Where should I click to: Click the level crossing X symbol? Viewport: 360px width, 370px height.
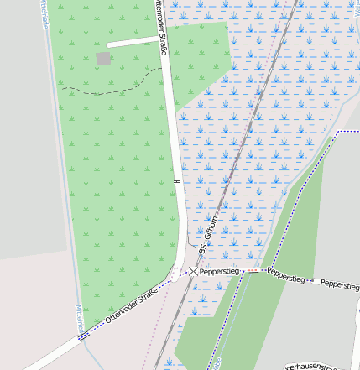click(193, 272)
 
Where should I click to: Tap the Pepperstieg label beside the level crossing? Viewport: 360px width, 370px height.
click(221, 272)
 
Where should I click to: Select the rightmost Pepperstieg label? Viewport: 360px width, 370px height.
click(340, 286)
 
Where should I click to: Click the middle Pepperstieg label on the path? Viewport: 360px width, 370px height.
click(287, 275)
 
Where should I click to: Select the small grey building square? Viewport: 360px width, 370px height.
click(103, 58)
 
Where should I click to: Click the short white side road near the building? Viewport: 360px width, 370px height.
click(134, 40)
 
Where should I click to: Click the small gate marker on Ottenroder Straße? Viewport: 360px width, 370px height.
click(176, 181)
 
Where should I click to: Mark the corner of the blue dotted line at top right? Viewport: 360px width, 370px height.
click(337, 133)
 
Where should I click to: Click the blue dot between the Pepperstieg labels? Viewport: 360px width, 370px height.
click(312, 279)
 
